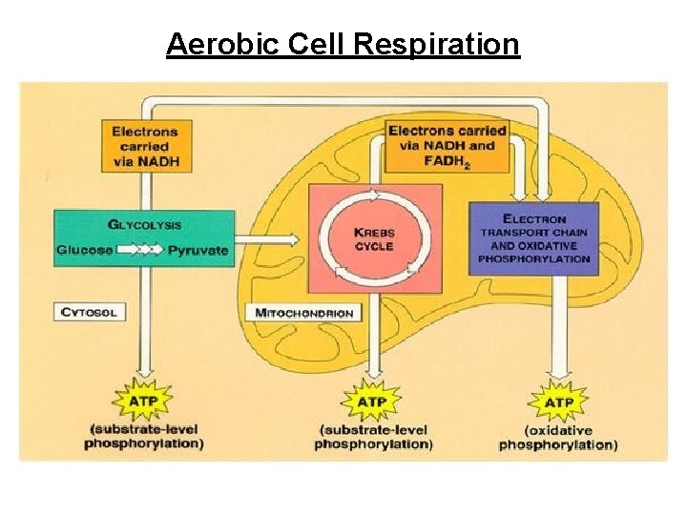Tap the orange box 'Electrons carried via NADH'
point(144,147)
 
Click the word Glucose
point(84,250)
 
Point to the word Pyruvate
point(198,250)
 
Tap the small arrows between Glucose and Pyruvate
point(140,250)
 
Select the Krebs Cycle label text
point(374,239)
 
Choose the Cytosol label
point(89,313)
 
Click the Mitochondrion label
point(304,313)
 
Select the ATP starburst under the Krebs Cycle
point(371,402)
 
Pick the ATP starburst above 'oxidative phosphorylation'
point(557,402)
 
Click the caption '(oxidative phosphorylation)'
point(557,438)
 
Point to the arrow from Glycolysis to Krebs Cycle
point(271,237)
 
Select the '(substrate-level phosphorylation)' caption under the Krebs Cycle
point(372,438)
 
